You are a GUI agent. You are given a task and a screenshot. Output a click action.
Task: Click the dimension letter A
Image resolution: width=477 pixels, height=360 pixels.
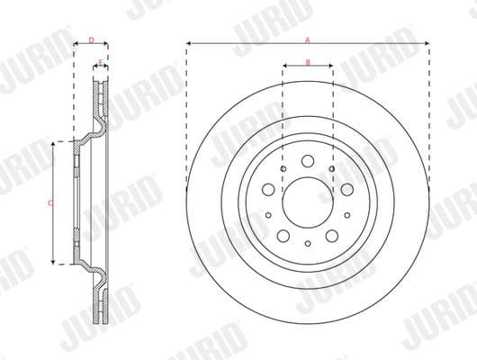pyautogui.click(x=308, y=40)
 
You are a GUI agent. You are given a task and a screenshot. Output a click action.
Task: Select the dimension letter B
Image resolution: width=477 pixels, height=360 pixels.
pyautogui.click(x=308, y=61)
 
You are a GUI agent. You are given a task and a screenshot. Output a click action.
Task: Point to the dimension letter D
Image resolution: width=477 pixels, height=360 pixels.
pyautogui.click(x=91, y=40)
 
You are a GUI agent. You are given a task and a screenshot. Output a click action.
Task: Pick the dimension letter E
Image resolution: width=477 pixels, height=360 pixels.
pyautogui.click(x=99, y=61)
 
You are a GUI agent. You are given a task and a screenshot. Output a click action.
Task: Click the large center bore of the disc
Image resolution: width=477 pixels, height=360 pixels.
pyautogui.click(x=307, y=202)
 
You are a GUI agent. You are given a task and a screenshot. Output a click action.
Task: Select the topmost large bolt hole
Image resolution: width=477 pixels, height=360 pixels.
pyautogui.click(x=307, y=162)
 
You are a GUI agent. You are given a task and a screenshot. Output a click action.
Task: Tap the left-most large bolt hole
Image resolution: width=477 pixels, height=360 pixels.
pyautogui.click(x=268, y=190)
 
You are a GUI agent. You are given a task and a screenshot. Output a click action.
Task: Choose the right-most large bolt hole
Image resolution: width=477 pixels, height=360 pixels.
pyautogui.click(x=346, y=190)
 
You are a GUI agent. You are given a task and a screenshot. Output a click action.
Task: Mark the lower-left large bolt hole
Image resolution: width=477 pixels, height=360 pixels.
pyautogui.click(x=283, y=235)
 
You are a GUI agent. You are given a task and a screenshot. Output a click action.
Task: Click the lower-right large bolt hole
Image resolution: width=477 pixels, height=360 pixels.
pyautogui.click(x=331, y=235)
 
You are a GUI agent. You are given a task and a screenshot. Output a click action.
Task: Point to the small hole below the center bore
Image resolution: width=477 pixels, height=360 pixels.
pyautogui.click(x=307, y=243)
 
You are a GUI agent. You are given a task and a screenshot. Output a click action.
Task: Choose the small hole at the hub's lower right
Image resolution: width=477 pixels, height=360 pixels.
pyautogui.click(x=346, y=215)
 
